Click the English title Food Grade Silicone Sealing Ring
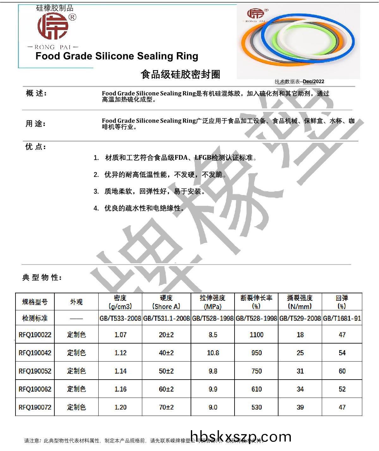117,56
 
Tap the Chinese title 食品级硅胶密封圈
180,75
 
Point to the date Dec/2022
313,82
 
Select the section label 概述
36,93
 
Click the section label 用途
35,124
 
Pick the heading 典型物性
42,277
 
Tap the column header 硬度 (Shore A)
166,302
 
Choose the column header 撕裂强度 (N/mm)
300,302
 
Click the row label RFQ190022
35,335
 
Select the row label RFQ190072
35,407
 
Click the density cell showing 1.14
120,371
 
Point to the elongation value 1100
256,335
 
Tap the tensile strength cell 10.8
213,353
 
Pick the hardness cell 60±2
166,389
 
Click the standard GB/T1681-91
342,318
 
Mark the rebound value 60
342,371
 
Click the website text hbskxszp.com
241,437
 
